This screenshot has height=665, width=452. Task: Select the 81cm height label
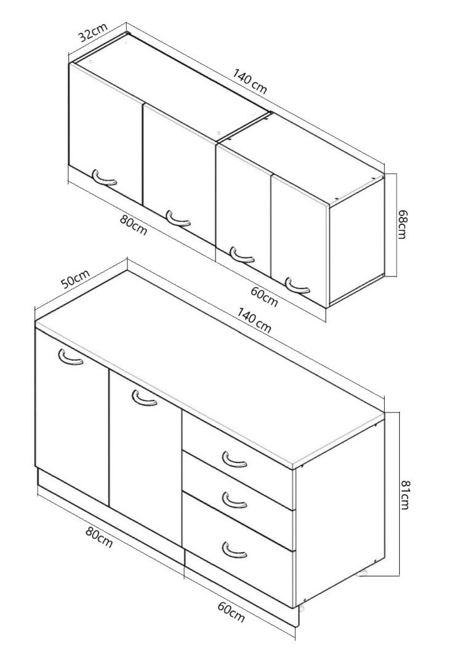[405, 494]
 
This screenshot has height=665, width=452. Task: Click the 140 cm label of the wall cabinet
[250, 81]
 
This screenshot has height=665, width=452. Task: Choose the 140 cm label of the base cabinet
[254, 321]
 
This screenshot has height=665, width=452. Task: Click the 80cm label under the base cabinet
[99, 537]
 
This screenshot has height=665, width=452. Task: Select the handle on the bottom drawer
[234, 549]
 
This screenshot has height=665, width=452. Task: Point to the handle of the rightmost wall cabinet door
[297, 286]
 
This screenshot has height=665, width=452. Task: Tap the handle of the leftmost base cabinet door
[70, 357]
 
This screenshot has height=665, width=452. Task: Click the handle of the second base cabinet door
[144, 398]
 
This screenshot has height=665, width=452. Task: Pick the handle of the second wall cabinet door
[178, 218]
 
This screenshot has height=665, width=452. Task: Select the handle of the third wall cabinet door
[241, 254]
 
